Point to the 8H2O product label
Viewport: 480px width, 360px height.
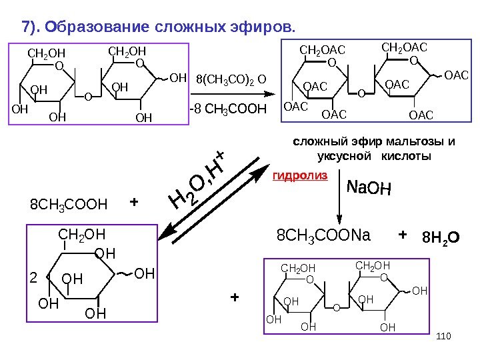441,237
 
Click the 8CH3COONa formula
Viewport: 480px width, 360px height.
323,236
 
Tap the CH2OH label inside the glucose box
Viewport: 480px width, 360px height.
82,234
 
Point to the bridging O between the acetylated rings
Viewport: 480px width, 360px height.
361,93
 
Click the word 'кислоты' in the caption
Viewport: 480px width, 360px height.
406,155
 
